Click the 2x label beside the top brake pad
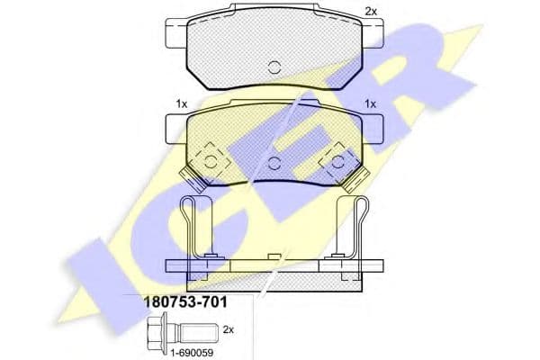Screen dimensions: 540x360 pyautogui.click(x=371, y=12)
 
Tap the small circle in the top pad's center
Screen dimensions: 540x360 pyautogui.click(x=274, y=67)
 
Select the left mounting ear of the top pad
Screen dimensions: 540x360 pyautogui.click(x=176, y=33)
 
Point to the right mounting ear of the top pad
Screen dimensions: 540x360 pyautogui.click(x=373, y=33)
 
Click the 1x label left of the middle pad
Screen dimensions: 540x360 pyautogui.click(x=182, y=103)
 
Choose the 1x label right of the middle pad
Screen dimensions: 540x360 pyautogui.click(x=371, y=103)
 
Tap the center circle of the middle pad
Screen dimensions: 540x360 pyautogui.click(x=274, y=163)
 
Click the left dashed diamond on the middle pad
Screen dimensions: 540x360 pyautogui.click(x=211, y=162)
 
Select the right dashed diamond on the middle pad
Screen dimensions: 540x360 pyautogui.click(x=337, y=162)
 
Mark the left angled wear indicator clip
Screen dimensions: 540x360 pyautogui.click(x=193, y=178)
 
